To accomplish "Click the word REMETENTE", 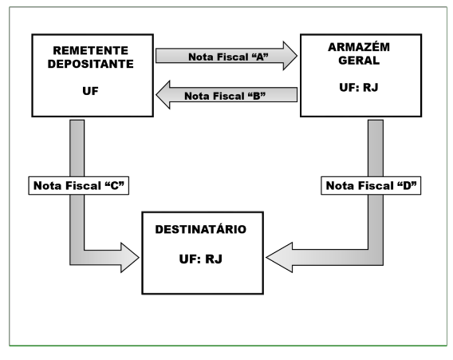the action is [x=90, y=50].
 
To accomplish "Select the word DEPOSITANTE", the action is [x=90, y=64].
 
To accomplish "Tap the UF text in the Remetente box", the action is [x=90, y=91].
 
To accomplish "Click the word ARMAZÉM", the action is [x=359, y=47].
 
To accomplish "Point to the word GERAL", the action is [x=359, y=61].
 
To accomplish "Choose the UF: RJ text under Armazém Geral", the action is [x=359, y=87].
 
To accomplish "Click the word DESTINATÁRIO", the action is [x=201, y=229].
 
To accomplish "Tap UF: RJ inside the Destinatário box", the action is [x=201, y=259].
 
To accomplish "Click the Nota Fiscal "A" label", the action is [x=228, y=57].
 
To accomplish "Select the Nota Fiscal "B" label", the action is [x=225, y=96].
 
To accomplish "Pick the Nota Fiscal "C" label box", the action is [x=79, y=186].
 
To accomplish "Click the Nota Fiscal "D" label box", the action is [x=371, y=186].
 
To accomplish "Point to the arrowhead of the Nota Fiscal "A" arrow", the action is [x=290, y=56].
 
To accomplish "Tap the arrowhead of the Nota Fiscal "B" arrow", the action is [x=163, y=94].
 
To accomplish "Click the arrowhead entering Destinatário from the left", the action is [x=130, y=257].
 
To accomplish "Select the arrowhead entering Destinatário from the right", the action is [x=279, y=257].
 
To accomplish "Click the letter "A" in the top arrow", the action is [x=260, y=57].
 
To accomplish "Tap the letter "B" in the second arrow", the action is [x=257, y=96].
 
